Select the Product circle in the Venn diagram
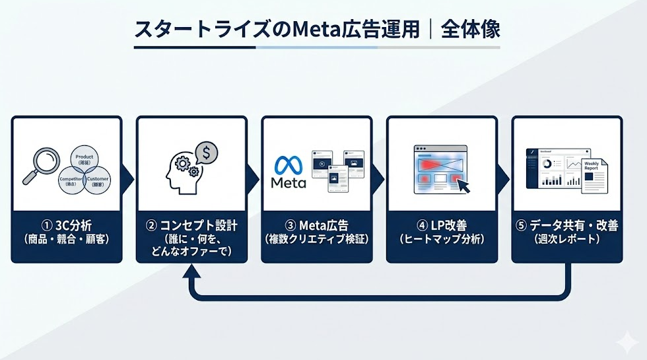85,159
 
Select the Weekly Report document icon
592,175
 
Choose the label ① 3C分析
66,226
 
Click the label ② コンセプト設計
191,226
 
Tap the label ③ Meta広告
316,226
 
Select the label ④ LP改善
441,226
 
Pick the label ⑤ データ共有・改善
566,226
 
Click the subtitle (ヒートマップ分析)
441,240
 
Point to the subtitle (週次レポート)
566,240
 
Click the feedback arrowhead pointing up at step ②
191,271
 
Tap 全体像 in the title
472,30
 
